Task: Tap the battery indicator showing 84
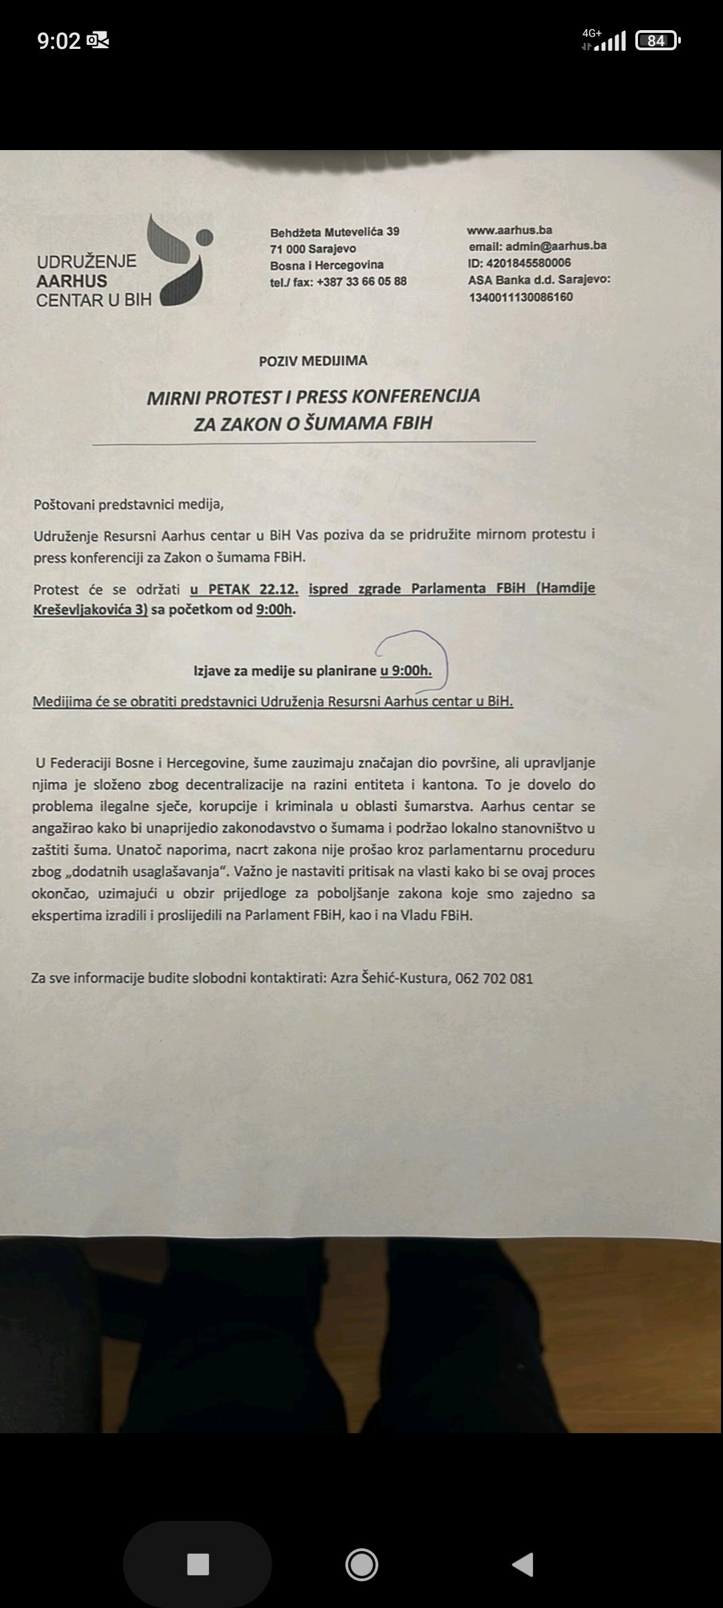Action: coord(657,41)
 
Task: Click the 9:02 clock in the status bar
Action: coord(59,41)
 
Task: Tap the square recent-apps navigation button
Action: coord(197,1564)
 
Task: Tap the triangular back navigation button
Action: coord(522,1564)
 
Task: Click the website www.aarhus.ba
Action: coord(509,230)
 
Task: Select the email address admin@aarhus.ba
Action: coord(556,246)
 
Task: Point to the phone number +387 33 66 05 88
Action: coord(361,281)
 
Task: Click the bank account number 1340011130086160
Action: coord(521,297)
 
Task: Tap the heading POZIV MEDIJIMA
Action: coord(313,361)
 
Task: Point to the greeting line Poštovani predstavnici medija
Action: coord(129,505)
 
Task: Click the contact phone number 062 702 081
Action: coord(494,978)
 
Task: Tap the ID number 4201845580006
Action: coord(528,263)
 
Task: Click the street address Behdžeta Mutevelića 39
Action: coord(335,232)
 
